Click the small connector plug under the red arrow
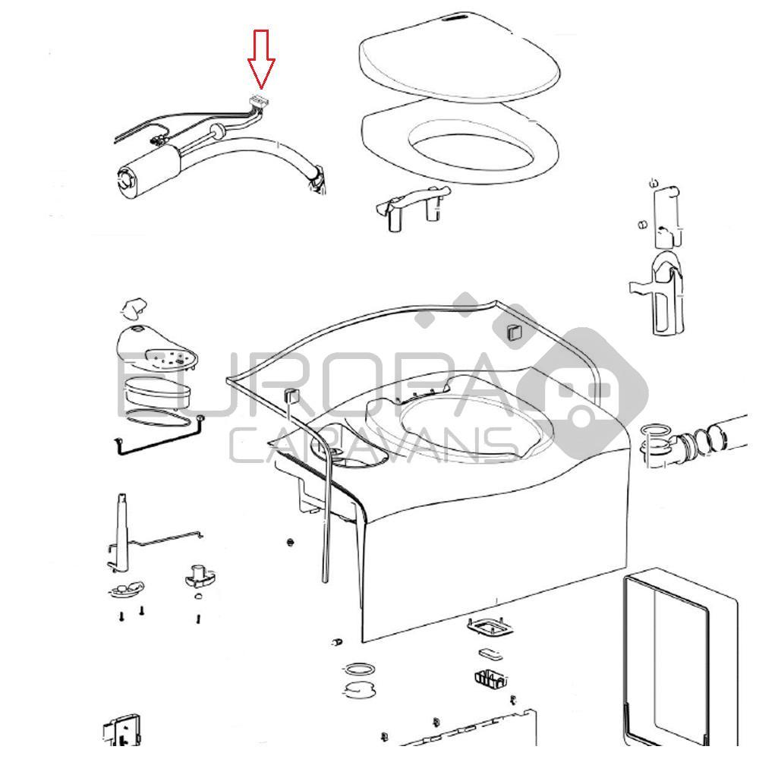pyautogui.click(x=260, y=99)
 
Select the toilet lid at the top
pyautogui.click(x=458, y=61)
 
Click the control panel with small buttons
pyautogui.click(x=159, y=353)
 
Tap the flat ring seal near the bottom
pyautogui.click(x=359, y=671)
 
